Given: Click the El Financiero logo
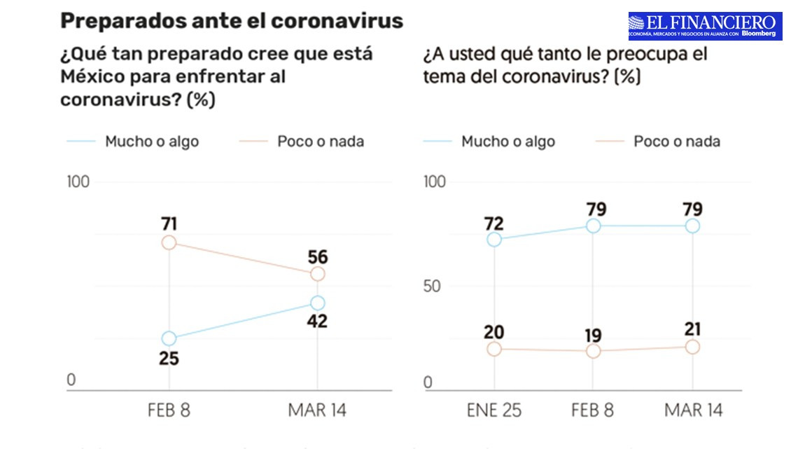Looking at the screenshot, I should point(705,26).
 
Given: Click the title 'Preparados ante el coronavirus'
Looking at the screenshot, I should point(232,21).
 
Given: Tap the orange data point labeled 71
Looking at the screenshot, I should point(169,242).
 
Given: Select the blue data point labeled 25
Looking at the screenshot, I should point(169,338).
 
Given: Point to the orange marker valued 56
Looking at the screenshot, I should point(317,274).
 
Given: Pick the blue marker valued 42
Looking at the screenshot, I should point(317,303).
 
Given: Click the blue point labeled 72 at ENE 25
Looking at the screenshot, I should point(494,240).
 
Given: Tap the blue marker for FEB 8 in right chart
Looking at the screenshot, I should point(593,226).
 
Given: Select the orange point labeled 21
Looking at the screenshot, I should point(692,347).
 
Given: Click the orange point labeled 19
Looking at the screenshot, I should point(593,351).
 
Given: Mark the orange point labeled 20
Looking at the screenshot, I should point(494,349).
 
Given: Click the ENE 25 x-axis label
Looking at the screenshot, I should point(494,410).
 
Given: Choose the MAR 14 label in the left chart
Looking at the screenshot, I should point(317,410).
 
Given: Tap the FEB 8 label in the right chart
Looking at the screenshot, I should point(593,410).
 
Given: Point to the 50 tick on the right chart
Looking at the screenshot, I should point(435,286).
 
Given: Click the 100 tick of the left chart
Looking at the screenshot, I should point(78,182).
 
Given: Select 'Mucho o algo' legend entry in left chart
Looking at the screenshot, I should point(151,141).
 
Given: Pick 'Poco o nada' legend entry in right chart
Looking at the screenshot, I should point(676,141).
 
